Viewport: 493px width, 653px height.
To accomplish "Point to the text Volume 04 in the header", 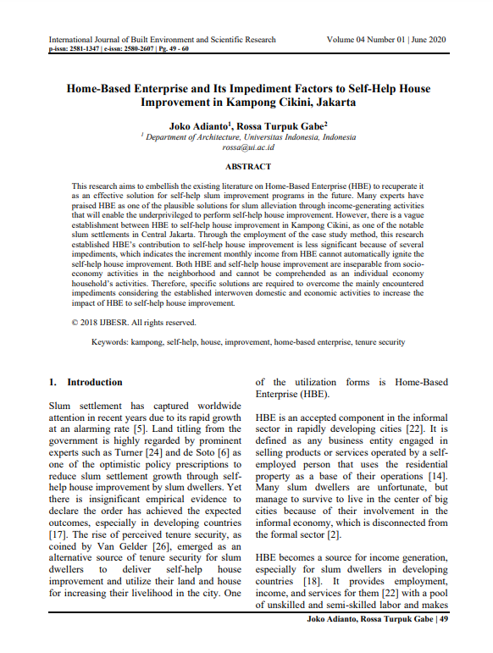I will pos(347,40).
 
